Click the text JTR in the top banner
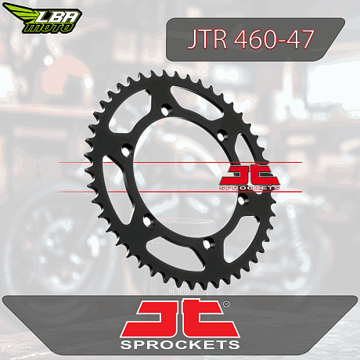(207, 39)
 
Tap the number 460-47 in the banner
(274, 39)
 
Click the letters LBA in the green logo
(58, 18)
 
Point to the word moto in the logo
(49, 28)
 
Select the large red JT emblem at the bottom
(180, 319)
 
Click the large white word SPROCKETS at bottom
(180, 344)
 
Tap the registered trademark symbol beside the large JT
(226, 304)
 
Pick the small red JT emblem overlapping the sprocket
(250, 175)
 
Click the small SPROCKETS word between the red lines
(250, 188)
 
